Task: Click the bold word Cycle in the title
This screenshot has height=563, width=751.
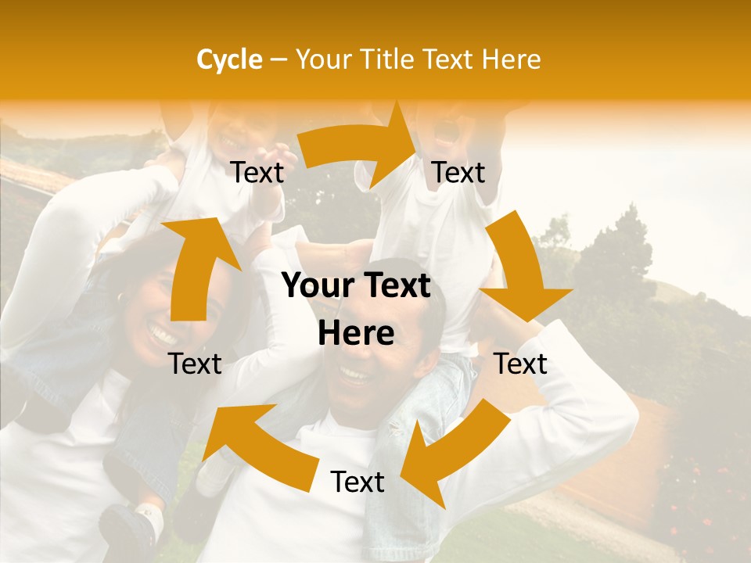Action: pyautogui.click(x=229, y=59)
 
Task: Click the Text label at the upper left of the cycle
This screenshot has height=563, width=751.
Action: pyautogui.click(x=257, y=173)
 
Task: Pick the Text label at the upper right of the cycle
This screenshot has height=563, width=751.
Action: pyautogui.click(x=459, y=173)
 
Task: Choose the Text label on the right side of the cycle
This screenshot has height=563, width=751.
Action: pyautogui.click(x=521, y=364)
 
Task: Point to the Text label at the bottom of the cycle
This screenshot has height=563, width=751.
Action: pyautogui.click(x=358, y=482)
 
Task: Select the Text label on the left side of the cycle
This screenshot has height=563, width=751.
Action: pyautogui.click(x=196, y=364)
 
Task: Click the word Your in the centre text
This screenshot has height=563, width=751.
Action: pyautogui.click(x=315, y=286)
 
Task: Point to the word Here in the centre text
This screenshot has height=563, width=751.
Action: pyautogui.click(x=356, y=334)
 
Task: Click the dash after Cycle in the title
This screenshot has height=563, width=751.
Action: pyautogui.click(x=278, y=59)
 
